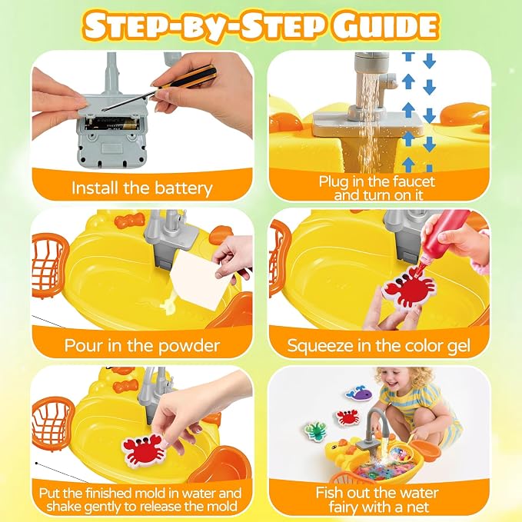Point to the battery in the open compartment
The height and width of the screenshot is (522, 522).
[x=111, y=125]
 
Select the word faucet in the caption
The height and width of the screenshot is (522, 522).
[x=414, y=181]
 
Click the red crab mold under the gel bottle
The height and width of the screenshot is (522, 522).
[x=410, y=288]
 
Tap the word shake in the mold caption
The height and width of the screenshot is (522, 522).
[x=63, y=507]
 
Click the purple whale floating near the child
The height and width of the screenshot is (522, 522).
[x=359, y=393]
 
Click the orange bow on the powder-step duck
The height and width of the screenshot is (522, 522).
[x=130, y=220]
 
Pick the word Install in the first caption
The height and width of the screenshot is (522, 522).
[x=95, y=188]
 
